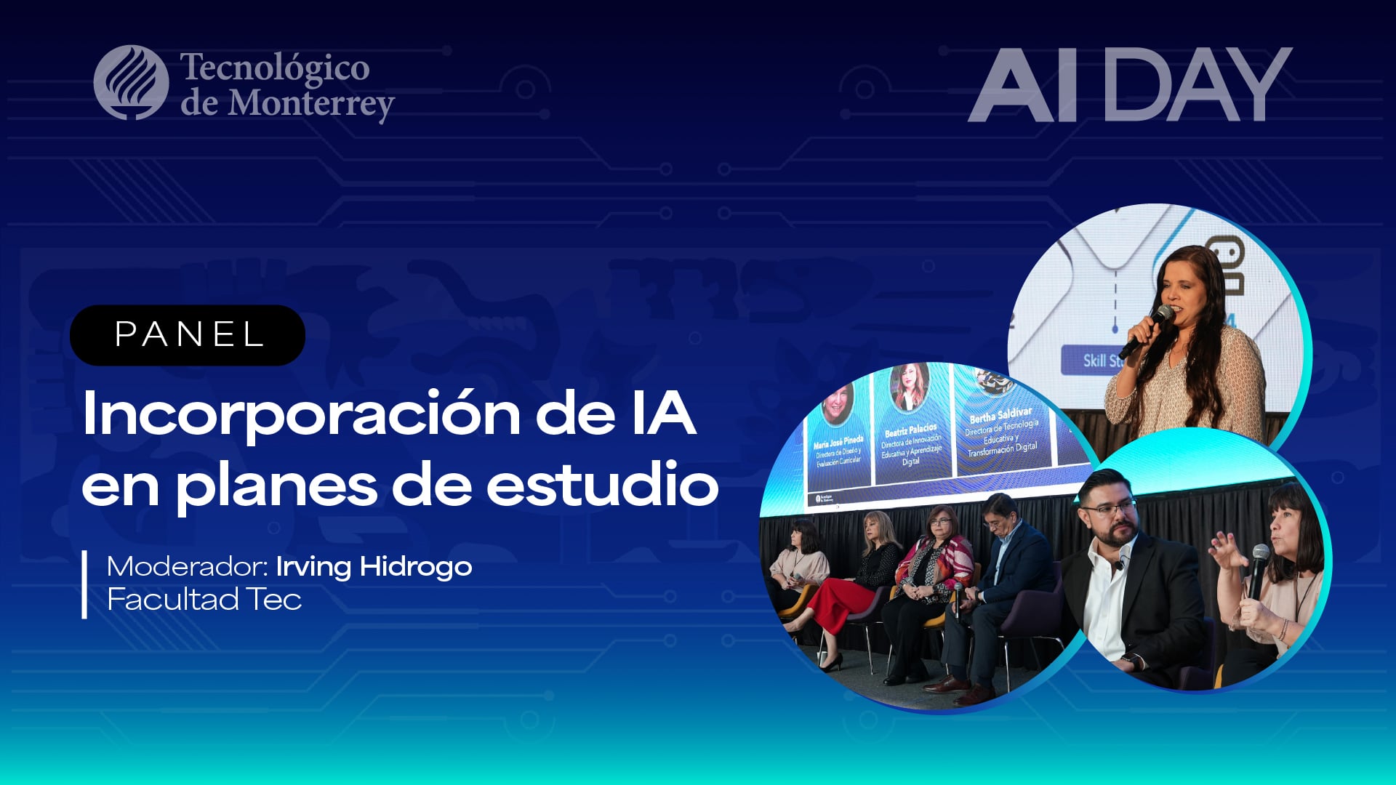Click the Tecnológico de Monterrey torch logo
coord(131,83)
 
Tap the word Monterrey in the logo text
coord(311,104)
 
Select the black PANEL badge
coord(188,335)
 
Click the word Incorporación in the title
coord(301,414)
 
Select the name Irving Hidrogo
coord(374,566)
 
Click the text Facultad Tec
coord(204,600)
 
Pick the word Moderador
coord(188,566)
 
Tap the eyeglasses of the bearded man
coord(1107,508)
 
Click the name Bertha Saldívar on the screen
coord(1000,416)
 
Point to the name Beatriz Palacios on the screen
coord(911,430)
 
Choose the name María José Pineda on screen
coord(838,441)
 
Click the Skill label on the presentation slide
coord(1094,361)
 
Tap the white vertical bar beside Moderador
coord(85,584)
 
